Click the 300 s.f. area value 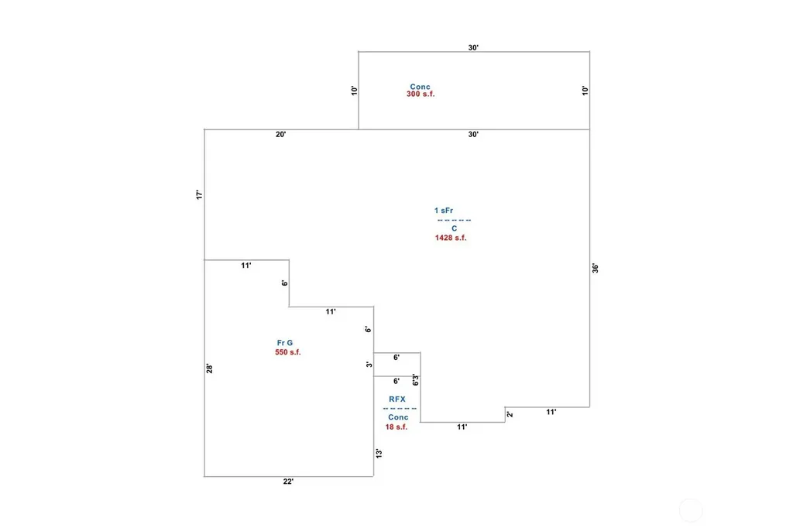[421, 94]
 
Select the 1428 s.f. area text [451, 238]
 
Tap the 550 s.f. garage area [288, 352]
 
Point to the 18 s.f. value [396, 427]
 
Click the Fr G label [285, 343]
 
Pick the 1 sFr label [444, 211]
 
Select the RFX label [397, 399]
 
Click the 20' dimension [280, 135]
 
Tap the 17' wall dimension [199, 195]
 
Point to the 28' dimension [209, 369]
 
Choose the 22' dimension [288, 482]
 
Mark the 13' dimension [379, 454]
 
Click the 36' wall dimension [596, 268]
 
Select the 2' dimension [510, 414]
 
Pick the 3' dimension [369, 364]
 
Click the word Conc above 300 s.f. [420, 87]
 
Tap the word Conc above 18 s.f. [398, 417]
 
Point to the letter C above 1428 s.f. [454, 228]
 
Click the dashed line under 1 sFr [454, 220]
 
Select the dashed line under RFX [400, 408]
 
